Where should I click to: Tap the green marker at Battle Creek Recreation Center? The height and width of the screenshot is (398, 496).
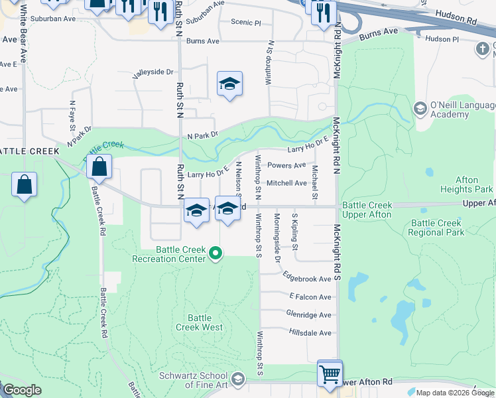click(215, 253)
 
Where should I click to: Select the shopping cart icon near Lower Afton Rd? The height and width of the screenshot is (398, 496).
click(330, 373)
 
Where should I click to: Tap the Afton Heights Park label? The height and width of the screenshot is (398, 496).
click(476, 184)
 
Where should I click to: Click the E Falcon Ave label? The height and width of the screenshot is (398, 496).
click(310, 297)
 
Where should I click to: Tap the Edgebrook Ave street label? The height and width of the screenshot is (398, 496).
click(306, 279)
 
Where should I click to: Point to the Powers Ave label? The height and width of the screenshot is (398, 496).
click(286, 165)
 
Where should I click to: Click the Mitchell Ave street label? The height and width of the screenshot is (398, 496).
click(286, 183)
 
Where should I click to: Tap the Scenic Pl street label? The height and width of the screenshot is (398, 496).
click(246, 22)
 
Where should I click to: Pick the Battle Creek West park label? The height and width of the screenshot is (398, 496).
click(199, 322)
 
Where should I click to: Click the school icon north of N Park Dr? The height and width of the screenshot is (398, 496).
click(229, 84)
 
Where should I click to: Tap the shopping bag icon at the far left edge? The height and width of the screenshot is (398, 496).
click(24, 185)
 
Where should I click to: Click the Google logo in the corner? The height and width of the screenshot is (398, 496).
click(22, 390)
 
